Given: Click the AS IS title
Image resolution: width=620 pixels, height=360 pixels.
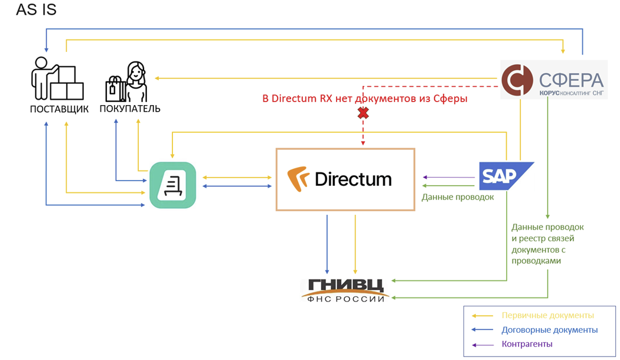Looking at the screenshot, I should coord(36,10).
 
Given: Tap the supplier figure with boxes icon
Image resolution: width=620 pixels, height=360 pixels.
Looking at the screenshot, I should coord(57,78).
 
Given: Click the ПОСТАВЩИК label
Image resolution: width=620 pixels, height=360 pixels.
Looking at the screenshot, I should coord(59,109).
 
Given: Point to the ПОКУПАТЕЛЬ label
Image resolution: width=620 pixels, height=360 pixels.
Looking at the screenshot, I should coord(130,109).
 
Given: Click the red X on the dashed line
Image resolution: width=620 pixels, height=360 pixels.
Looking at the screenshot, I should coord(363,113).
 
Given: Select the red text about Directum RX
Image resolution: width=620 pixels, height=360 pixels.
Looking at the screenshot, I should coord(365,99).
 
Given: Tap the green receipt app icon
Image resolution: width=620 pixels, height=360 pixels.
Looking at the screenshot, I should coord(172,185).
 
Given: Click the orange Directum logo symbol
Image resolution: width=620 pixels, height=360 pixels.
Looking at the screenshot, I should coord(298,178).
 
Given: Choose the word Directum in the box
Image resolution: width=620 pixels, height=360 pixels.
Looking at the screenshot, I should coord(353,179).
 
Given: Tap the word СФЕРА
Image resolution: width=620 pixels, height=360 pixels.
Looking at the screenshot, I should coord(572,80).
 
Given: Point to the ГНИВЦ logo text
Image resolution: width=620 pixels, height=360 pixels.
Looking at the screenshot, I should coord(345,285).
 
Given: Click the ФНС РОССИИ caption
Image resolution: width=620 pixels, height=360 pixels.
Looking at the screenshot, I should coord(345,299).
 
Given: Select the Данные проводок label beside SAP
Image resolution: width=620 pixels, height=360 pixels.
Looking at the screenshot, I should coord(458,197).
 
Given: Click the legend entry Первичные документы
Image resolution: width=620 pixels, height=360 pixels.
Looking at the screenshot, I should coord(547,316).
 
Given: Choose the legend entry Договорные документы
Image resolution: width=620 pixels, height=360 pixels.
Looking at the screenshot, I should coord(550,330).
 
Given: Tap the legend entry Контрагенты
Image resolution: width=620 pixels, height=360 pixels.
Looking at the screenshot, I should coord(527,344).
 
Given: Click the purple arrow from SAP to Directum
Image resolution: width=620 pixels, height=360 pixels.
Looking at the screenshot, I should coord(449,177).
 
